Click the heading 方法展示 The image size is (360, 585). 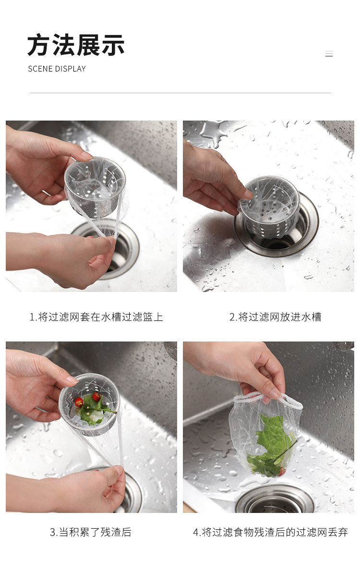click(76, 45)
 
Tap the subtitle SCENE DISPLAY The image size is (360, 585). click(57, 69)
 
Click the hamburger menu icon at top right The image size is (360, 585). click(329, 54)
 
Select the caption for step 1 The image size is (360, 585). click(96, 317)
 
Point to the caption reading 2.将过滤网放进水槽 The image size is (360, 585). click(276, 317)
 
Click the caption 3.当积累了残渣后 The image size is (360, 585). click(91, 532)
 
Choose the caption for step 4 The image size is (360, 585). click(270, 532)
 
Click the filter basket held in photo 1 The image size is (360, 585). click(95, 186)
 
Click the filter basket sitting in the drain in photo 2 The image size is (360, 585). click(269, 204)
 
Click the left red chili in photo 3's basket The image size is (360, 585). click(79, 402)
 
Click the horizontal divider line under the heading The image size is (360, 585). click(180, 93)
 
